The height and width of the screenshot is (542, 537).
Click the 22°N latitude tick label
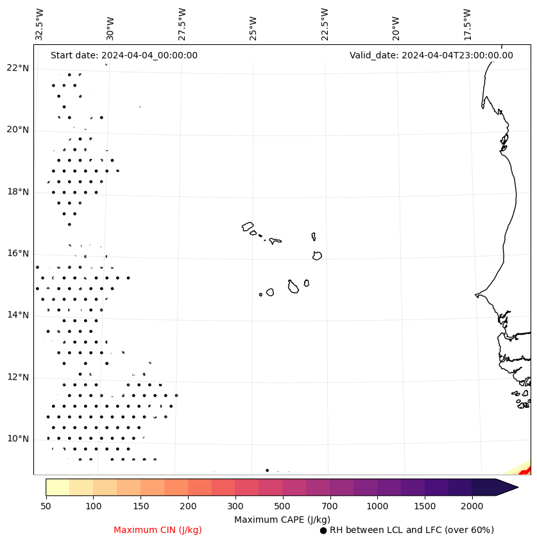[x=18, y=68]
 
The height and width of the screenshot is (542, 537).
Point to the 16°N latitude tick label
[x=18, y=253]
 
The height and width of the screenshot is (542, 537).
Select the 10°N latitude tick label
[x=18, y=439]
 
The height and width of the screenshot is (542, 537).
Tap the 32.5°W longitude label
[x=40, y=24]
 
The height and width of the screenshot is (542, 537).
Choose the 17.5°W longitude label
[x=467, y=24]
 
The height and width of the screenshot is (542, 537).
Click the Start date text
[x=124, y=55]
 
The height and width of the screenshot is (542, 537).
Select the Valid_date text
[x=431, y=55]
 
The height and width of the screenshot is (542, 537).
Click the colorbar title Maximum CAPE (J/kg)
[x=282, y=519]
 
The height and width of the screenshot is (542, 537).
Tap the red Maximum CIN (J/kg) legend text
[x=158, y=530]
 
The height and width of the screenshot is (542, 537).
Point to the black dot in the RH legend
[x=323, y=530]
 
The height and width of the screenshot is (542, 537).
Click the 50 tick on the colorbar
[x=46, y=507]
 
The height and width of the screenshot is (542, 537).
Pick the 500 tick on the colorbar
[x=282, y=507]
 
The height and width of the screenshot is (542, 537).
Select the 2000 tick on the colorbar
[x=472, y=507]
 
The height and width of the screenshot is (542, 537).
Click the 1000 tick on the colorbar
[x=377, y=507]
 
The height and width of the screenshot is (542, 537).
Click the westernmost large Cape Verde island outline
[x=248, y=226]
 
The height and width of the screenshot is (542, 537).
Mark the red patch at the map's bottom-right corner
[x=526, y=471]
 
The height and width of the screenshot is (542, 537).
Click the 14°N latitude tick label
[x=18, y=315]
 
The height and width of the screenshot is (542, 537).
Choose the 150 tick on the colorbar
[x=117, y=507]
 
